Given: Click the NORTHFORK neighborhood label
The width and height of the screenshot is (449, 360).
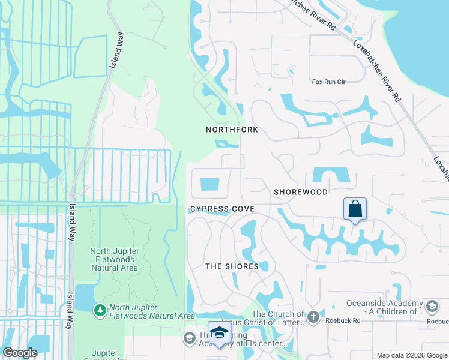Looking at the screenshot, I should click(232, 130).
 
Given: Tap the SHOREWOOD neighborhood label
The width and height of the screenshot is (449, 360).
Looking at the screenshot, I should click(301, 192).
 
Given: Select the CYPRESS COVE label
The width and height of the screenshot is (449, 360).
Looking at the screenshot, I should click(222, 209).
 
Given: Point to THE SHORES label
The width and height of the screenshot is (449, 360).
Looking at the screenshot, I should click(232, 266).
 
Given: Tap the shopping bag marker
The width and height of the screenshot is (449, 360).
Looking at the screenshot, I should click(355, 209).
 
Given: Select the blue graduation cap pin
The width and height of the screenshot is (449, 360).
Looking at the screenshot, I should click(219, 333).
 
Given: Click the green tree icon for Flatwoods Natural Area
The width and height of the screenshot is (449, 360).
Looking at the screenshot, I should click(100, 310).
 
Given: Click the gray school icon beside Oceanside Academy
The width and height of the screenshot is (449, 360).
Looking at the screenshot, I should click(432, 307).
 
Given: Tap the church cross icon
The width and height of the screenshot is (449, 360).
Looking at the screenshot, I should click(313, 316).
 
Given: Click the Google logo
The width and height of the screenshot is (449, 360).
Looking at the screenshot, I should click(20, 353).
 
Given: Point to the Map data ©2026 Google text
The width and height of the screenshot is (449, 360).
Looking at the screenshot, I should click(412, 355).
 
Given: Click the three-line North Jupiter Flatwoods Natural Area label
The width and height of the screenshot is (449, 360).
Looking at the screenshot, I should click(113, 259).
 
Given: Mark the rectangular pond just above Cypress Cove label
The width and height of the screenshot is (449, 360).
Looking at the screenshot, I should click(211, 184).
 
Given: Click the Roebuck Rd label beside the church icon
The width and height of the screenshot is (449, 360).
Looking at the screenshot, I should click(342, 320).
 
